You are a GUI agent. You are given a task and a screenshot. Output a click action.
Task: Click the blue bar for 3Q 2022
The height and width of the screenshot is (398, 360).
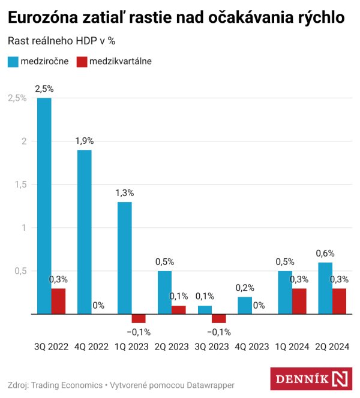pyautogui.click(x=44, y=206)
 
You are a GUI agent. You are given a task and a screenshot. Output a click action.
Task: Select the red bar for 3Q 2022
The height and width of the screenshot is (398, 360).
pyautogui.click(x=58, y=301)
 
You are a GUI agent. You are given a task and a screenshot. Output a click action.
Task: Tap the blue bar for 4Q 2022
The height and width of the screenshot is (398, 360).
pyautogui.click(x=84, y=231)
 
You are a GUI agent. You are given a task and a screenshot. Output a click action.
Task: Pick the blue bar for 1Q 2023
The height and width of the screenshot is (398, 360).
pyautogui.click(x=124, y=258)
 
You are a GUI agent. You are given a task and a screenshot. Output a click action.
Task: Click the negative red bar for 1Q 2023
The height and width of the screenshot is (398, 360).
pyautogui.click(x=139, y=318)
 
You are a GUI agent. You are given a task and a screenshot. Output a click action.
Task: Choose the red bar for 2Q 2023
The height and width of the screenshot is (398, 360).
pyautogui.click(x=179, y=309)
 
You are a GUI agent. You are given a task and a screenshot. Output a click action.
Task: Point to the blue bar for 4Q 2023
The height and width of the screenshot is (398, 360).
pyautogui.click(x=245, y=305)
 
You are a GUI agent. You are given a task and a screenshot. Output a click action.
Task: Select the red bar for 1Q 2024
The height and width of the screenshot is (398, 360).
pyautogui.click(x=299, y=301)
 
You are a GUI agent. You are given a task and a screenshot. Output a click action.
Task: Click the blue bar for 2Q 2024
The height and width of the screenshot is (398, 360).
pyautogui.click(x=325, y=288)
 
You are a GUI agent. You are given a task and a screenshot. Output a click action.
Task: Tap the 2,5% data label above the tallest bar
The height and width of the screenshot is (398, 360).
pyautogui.click(x=44, y=89)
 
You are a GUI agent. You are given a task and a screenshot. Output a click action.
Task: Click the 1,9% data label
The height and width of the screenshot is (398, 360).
pyautogui.click(x=84, y=141)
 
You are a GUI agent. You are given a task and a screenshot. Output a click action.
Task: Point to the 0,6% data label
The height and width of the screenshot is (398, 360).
pyautogui.click(x=325, y=253)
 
